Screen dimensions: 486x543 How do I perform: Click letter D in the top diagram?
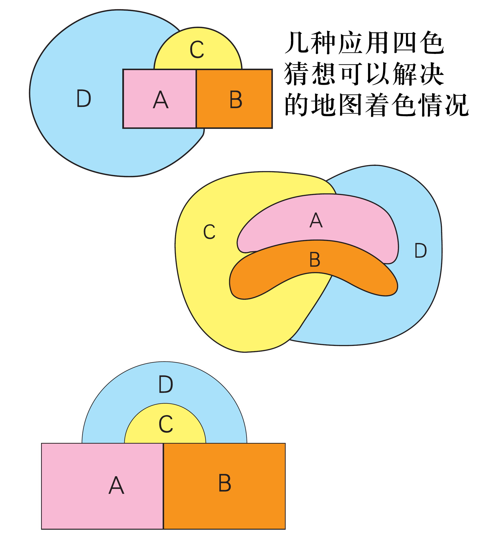click(x=84, y=98)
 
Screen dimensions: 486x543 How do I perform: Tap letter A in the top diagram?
click(x=160, y=100)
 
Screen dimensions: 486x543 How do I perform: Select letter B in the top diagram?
click(x=236, y=100)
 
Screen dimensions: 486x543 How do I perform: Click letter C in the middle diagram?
click(x=209, y=232)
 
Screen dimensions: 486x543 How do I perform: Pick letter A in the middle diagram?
click(x=316, y=220)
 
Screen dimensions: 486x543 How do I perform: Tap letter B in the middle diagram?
click(x=315, y=260)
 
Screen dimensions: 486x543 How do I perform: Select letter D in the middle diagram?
click(x=421, y=251)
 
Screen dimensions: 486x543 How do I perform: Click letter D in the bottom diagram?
click(x=166, y=384)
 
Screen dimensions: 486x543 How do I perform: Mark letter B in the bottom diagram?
click(x=225, y=483)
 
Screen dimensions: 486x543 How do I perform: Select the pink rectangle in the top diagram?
click(x=139, y=115)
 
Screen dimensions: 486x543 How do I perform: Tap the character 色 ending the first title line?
click(x=432, y=43)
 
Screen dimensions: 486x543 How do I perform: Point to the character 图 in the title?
click(x=350, y=105)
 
